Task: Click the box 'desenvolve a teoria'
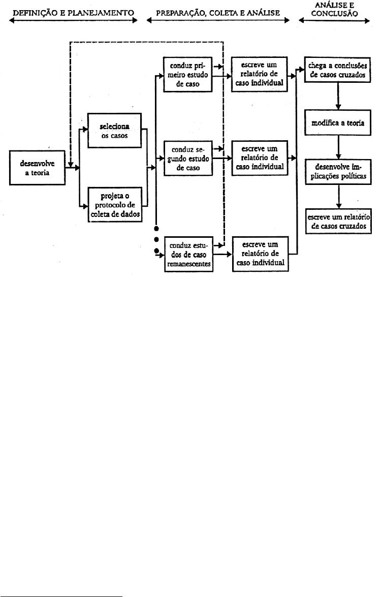pyautogui.click(x=37, y=168)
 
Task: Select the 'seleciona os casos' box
pyautogui.click(x=115, y=131)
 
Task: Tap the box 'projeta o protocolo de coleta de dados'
pyautogui.click(x=115, y=205)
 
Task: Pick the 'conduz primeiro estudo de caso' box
pyautogui.click(x=188, y=75)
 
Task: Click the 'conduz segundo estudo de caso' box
pyautogui.click(x=188, y=159)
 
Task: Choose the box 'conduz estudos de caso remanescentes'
pyautogui.click(x=188, y=255)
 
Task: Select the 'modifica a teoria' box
pyautogui.click(x=338, y=123)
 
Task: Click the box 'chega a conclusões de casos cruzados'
pyautogui.click(x=338, y=70)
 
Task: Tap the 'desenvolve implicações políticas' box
pyautogui.click(x=338, y=172)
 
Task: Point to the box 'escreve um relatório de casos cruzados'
pyautogui.click(x=338, y=221)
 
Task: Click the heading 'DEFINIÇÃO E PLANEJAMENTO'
pyautogui.click(x=74, y=13)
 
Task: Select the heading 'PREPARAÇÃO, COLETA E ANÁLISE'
pyautogui.click(x=218, y=13)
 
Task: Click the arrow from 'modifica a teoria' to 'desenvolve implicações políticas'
pyautogui.click(x=338, y=147)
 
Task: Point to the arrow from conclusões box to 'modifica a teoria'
pyautogui.click(x=338, y=97)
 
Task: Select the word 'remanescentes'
pyautogui.click(x=189, y=264)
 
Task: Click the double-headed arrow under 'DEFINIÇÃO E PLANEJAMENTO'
pyautogui.click(x=74, y=21)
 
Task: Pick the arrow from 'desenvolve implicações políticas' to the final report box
pyautogui.click(x=338, y=197)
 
